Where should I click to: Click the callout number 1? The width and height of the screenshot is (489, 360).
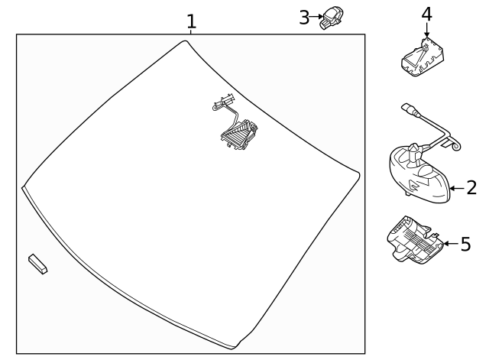click(191, 21)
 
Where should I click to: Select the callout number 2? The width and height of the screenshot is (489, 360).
click(471, 186)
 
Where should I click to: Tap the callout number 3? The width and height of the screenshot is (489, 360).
click(304, 17)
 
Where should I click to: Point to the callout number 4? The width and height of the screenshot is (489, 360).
click(426, 13)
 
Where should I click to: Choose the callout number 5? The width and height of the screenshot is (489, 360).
click(465, 245)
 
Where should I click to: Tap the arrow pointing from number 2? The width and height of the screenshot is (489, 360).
click(455, 186)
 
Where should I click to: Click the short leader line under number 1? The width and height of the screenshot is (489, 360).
click(191, 31)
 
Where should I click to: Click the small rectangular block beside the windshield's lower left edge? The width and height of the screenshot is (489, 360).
click(37, 263)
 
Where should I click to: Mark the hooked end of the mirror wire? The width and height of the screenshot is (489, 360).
click(456, 144)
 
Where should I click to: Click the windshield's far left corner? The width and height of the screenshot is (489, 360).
click(23, 186)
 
